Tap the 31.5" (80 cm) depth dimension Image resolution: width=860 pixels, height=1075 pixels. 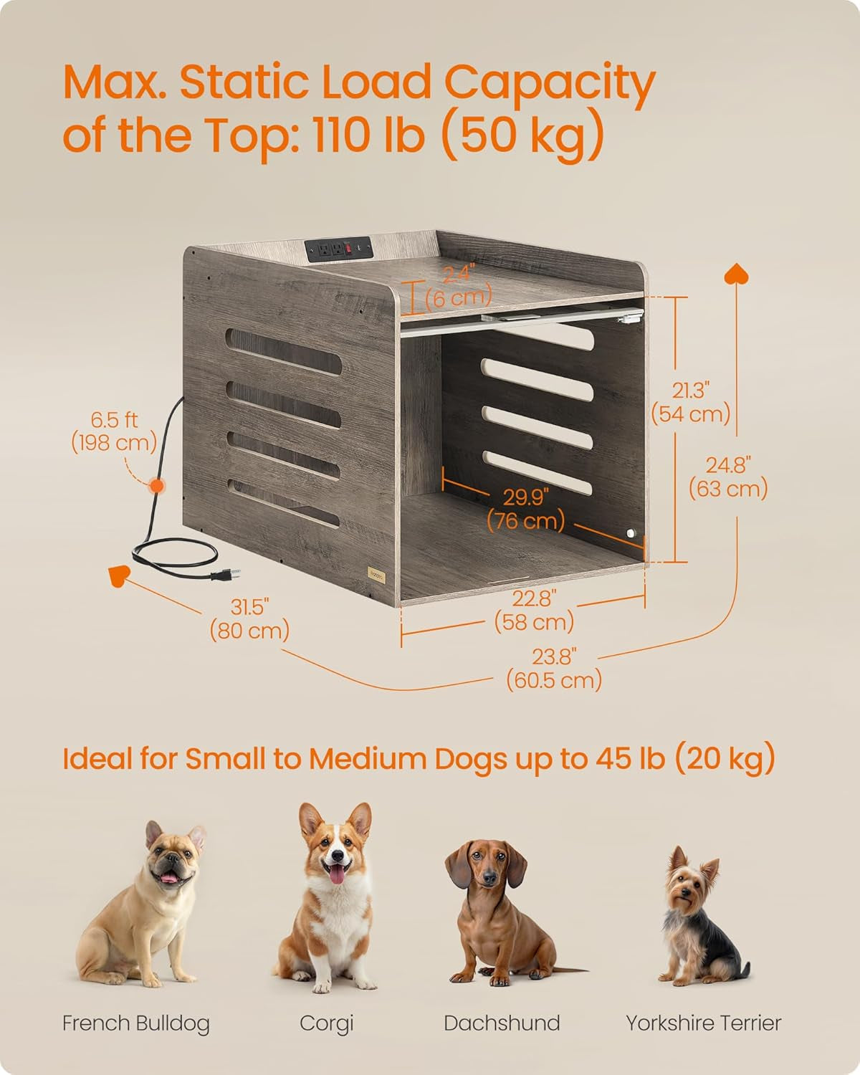click(x=249, y=618)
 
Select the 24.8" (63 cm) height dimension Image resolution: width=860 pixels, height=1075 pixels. click(x=728, y=477)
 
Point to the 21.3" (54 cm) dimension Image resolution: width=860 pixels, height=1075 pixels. click(x=691, y=401)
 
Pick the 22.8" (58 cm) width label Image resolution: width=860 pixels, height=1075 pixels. click(x=535, y=610)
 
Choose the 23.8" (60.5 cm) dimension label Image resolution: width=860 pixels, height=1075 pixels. click(x=554, y=668)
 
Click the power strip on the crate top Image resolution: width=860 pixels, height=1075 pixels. click(x=338, y=249)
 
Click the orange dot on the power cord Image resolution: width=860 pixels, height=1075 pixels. click(x=156, y=485)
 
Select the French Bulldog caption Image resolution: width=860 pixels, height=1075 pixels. click(x=136, y=1023)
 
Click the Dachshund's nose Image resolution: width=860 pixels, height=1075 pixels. click(x=489, y=879)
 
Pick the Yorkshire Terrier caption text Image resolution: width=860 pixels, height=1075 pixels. click(x=703, y=1023)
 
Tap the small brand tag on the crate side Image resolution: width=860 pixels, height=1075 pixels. click(x=376, y=573)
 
